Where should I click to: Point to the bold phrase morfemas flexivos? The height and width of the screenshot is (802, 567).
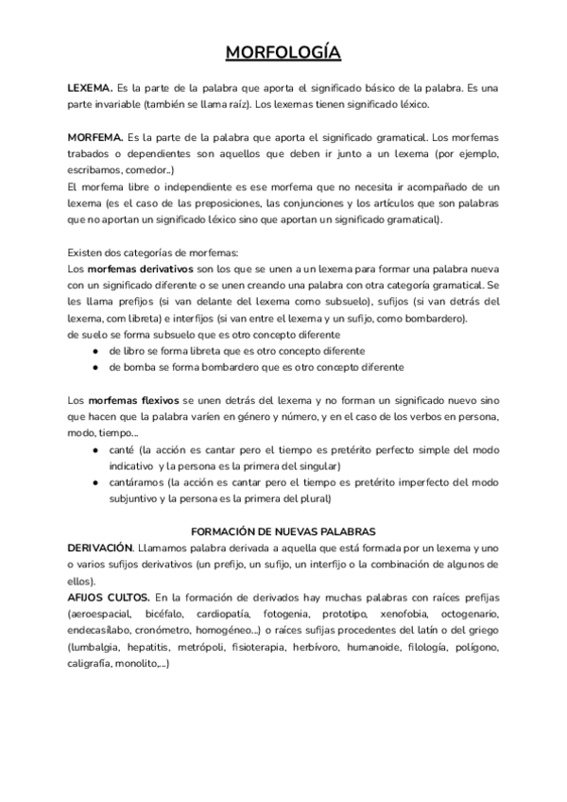[x=132, y=402]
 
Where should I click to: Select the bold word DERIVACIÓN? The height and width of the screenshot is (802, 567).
[x=100, y=548]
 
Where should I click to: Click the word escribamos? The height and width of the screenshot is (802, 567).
[x=99, y=170]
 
